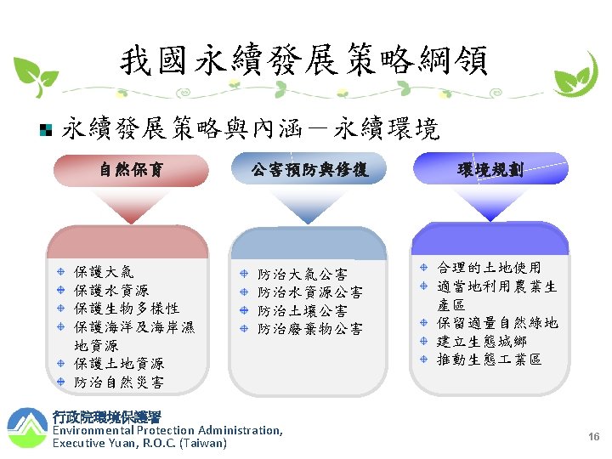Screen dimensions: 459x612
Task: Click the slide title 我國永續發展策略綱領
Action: pyautogui.click(x=303, y=61)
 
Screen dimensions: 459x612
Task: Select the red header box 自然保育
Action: pyautogui.click(x=131, y=169)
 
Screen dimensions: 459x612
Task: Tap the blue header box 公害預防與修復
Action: pyautogui.click(x=309, y=169)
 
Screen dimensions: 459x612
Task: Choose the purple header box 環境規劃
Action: pyautogui.click(x=489, y=169)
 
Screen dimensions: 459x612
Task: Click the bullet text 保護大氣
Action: pyautogui.click(x=104, y=272)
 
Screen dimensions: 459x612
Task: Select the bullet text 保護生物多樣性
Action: pyautogui.click(x=127, y=309)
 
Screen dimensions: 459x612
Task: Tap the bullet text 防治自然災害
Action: pyautogui.click(x=119, y=382)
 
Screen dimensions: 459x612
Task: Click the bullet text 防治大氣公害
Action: pyautogui.click(x=303, y=274)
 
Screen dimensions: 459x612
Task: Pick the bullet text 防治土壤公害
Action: pyautogui.click(x=303, y=310)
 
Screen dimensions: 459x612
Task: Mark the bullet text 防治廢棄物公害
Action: pyautogui.click(x=310, y=329)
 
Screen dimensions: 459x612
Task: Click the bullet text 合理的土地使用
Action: pyautogui.click(x=489, y=268)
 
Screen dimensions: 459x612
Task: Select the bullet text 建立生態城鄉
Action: pyautogui.click(x=481, y=342)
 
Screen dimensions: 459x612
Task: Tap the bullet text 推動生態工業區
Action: pyautogui.click(x=489, y=360)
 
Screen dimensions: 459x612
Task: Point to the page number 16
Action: pyautogui.click(x=594, y=436)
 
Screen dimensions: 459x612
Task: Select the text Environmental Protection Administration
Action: pyautogui.click(x=167, y=430)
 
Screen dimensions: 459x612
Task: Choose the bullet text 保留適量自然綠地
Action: pyautogui.click(x=497, y=323)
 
